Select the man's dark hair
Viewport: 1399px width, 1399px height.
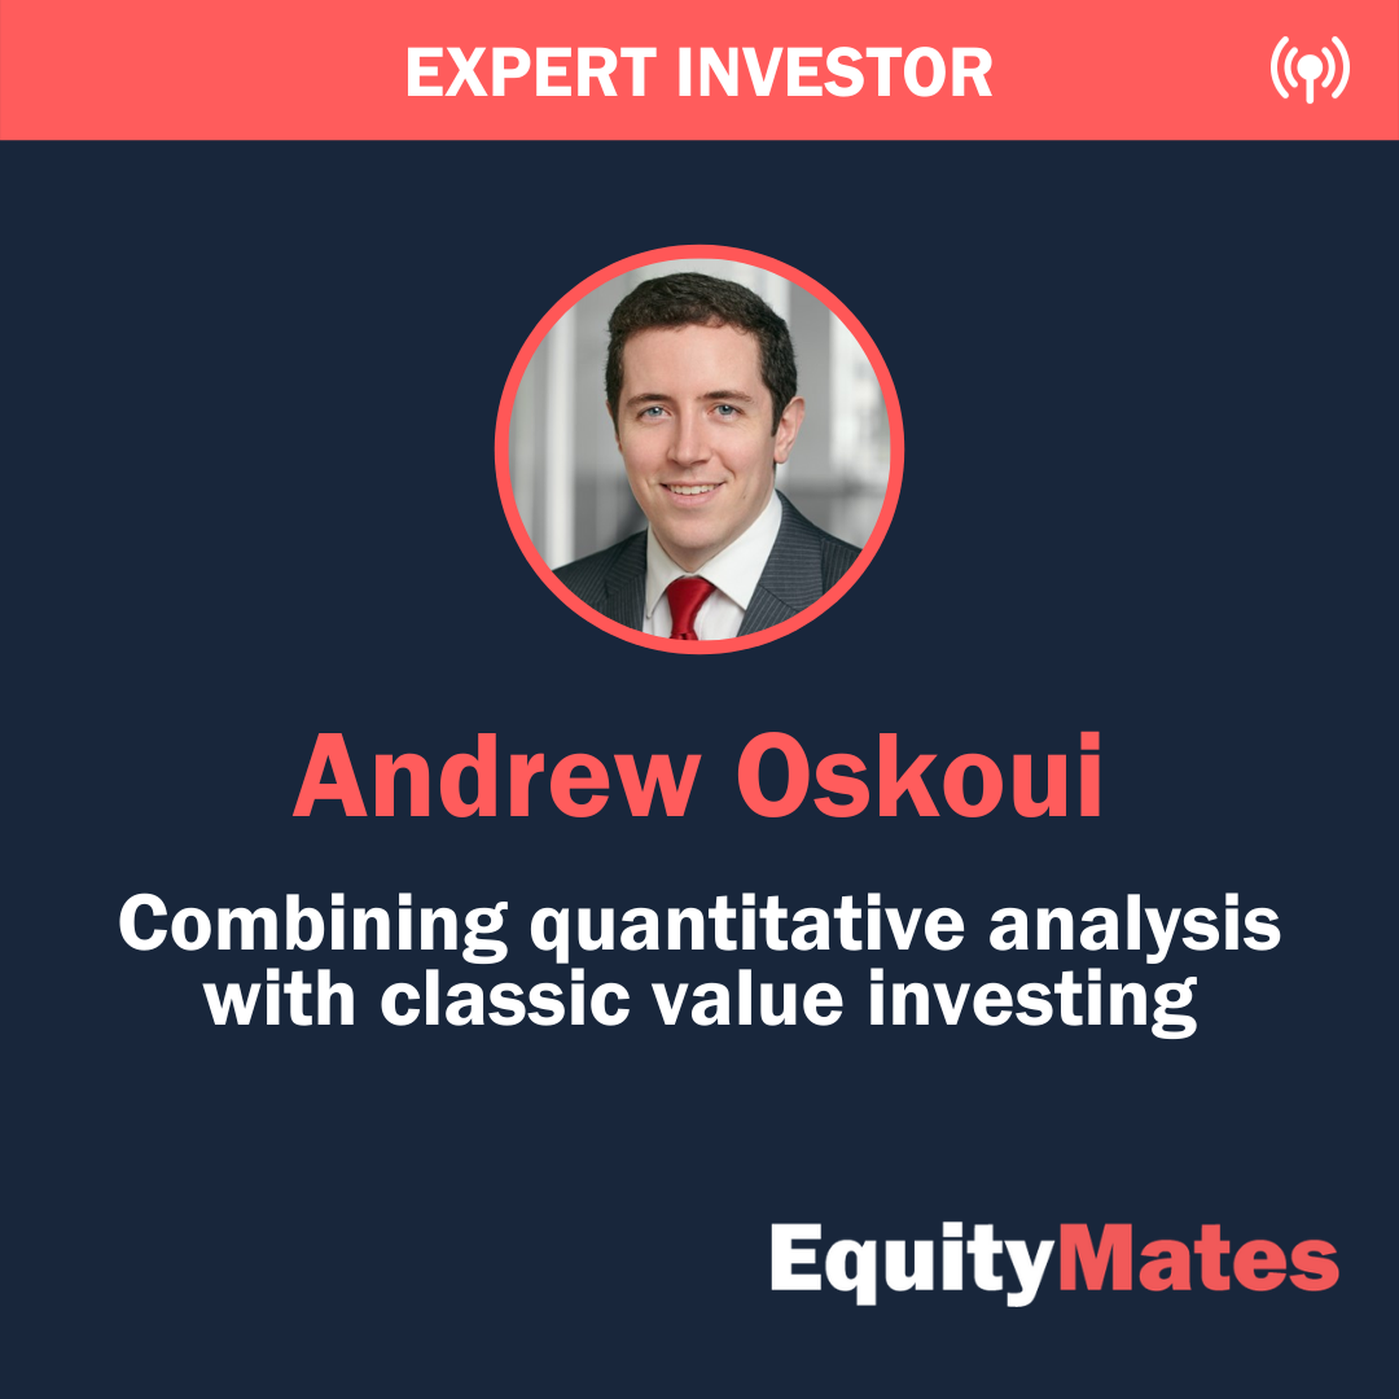click(x=699, y=312)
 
